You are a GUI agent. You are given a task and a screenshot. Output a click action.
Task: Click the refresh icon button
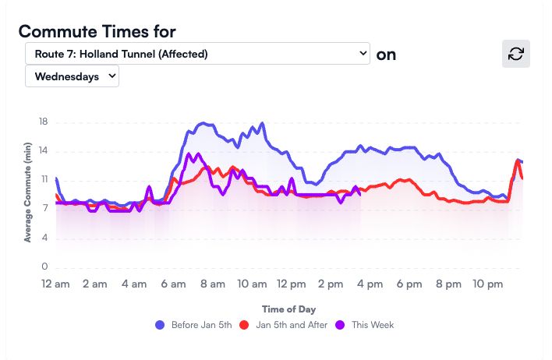pyautogui.click(x=515, y=54)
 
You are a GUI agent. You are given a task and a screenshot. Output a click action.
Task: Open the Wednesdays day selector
pyautogui.click(x=73, y=76)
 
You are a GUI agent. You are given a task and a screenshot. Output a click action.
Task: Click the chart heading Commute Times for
pyautogui.click(x=97, y=31)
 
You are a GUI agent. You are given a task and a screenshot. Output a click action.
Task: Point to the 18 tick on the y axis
pyautogui.click(x=44, y=122)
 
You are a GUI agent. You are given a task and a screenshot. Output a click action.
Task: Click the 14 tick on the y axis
pyautogui.click(x=44, y=151)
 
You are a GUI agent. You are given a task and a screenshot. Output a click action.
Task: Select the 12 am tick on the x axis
pyautogui.click(x=55, y=284)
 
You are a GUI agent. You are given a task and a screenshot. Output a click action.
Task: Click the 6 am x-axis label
pyautogui.click(x=174, y=284)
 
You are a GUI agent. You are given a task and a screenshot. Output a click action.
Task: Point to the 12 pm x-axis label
pyautogui.click(x=292, y=284)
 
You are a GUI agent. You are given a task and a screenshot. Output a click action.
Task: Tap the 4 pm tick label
pyautogui.click(x=370, y=284)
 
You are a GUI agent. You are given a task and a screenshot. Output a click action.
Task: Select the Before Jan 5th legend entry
pyautogui.click(x=193, y=324)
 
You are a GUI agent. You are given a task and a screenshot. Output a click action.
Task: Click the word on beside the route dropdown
pyautogui.click(x=386, y=55)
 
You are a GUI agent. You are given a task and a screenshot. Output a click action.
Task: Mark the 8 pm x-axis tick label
pyautogui.click(x=449, y=284)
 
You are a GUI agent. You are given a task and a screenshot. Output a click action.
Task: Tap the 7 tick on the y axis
pyautogui.click(x=46, y=209)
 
